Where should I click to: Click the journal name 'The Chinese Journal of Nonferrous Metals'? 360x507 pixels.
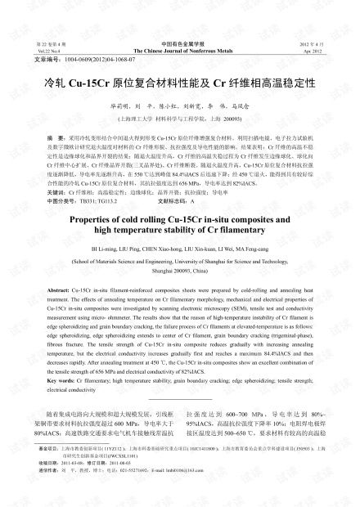[x=180, y=49]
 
